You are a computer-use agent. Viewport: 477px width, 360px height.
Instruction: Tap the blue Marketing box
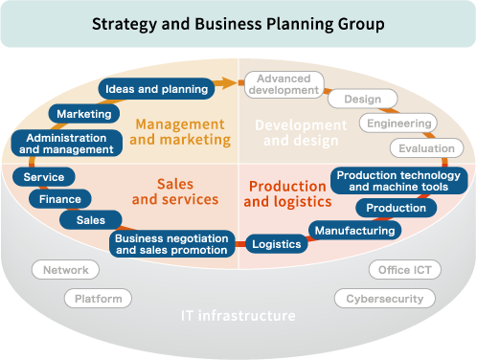click(x=84, y=114)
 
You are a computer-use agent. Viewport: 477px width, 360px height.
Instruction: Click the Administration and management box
click(x=67, y=144)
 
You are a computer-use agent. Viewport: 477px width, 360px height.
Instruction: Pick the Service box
click(x=44, y=177)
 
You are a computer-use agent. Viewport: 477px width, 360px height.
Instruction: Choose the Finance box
click(x=60, y=199)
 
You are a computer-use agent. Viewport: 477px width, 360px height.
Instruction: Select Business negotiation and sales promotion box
click(x=172, y=243)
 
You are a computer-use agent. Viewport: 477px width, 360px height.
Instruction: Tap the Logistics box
click(x=276, y=244)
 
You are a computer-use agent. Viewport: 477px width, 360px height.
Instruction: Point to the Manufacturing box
click(x=354, y=230)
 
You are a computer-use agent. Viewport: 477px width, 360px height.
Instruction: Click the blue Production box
click(x=396, y=208)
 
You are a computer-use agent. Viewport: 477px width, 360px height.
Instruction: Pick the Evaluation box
click(x=426, y=148)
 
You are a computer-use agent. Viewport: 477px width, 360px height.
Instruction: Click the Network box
click(x=66, y=270)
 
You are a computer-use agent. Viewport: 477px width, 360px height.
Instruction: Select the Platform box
click(x=98, y=299)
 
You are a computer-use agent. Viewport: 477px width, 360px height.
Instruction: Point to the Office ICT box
click(x=404, y=270)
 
